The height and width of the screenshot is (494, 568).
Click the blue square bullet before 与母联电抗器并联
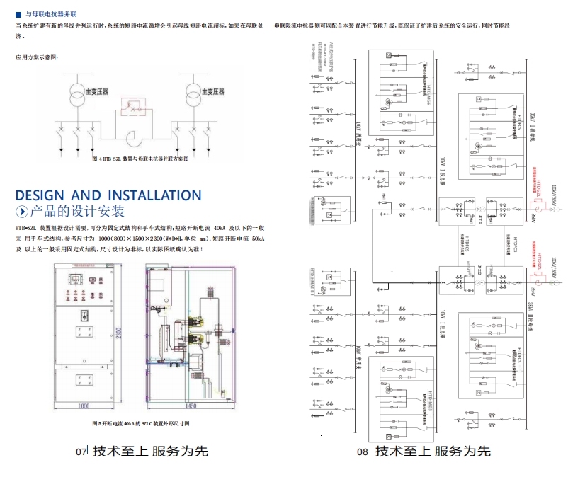pyautogui.click(x=18, y=13)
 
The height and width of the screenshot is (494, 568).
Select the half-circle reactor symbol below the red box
pyautogui.click(x=132, y=137)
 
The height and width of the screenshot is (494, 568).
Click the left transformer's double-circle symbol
pyautogui.click(x=74, y=92)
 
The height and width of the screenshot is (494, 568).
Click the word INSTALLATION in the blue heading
pyautogui.click(x=154, y=195)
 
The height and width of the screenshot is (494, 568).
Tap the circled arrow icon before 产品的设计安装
pyautogui.click(x=22, y=212)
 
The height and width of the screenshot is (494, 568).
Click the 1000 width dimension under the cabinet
pyautogui.click(x=84, y=406)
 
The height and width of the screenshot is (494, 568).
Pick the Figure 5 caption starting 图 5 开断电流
pyautogui.click(x=141, y=423)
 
